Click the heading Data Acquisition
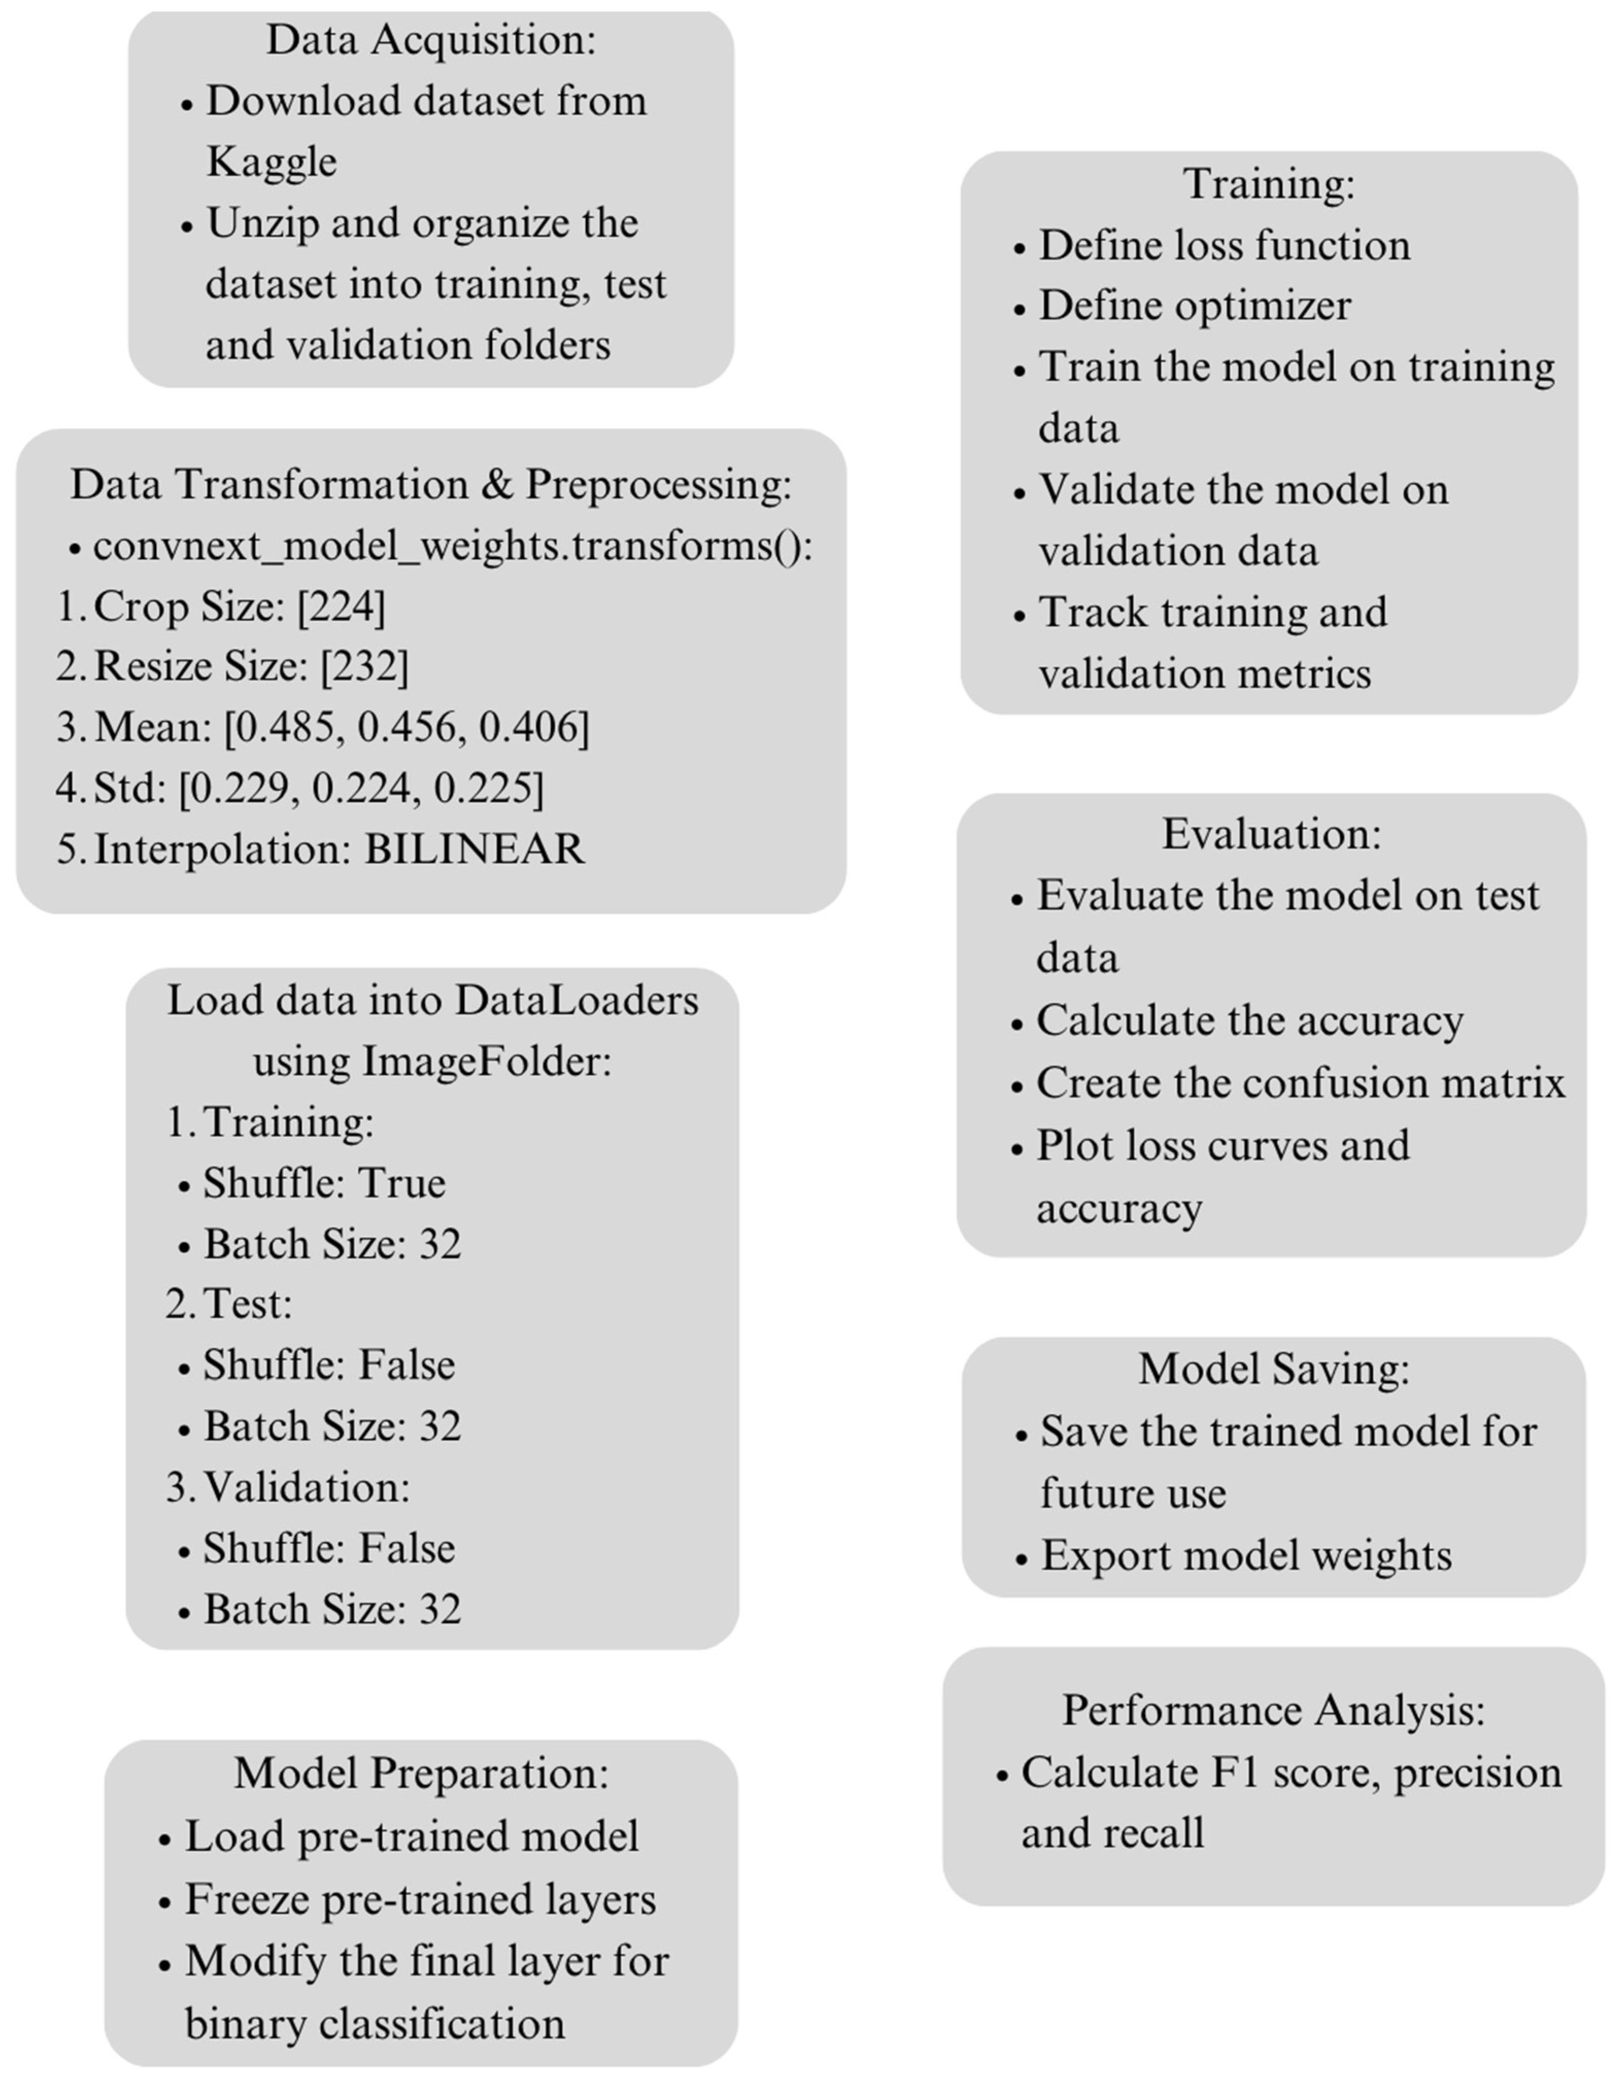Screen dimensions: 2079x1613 tap(431, 40)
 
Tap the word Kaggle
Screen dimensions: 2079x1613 tap(271, 162)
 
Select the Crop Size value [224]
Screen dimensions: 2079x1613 tap(341, 607)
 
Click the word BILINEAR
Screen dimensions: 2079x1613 tap(474, 849)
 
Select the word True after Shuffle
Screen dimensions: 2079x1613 tap(401, 1183)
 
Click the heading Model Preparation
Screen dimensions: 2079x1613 tap(421, 1774)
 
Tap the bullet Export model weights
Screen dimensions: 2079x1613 tap(1245, 1555)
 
